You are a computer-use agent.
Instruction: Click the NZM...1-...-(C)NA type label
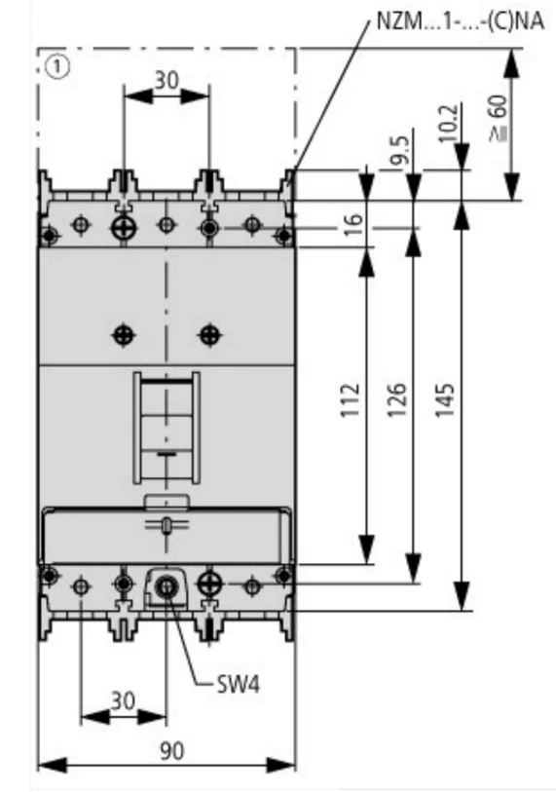click(460, 21)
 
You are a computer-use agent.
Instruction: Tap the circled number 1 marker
click(57, 67)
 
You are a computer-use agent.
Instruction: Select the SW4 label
click(238, 685)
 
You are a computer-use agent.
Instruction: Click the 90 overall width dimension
click(172, 751)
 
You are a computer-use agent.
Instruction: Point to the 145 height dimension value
click(445, 400)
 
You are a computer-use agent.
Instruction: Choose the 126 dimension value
click(398, 400)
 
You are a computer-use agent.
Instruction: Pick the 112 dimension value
click(351, 400)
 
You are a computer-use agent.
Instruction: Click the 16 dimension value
click(355, 224)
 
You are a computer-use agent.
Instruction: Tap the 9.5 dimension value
click(400, 151)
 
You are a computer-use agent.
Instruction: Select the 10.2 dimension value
click(449, 123)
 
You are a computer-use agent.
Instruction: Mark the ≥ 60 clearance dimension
click(499, 119)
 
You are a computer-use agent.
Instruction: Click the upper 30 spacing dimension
click(167, 80)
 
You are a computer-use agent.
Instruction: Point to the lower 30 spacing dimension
click(124, 701)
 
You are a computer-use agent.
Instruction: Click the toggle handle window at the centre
click(167, 429)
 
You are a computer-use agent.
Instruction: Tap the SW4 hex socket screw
click(166, 586)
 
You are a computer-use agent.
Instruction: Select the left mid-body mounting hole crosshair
click(124, 334)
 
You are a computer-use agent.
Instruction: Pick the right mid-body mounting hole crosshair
click(210, 334)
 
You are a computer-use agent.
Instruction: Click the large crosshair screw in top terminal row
click(124, 228)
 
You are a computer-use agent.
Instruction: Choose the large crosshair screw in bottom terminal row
click(209, 585)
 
